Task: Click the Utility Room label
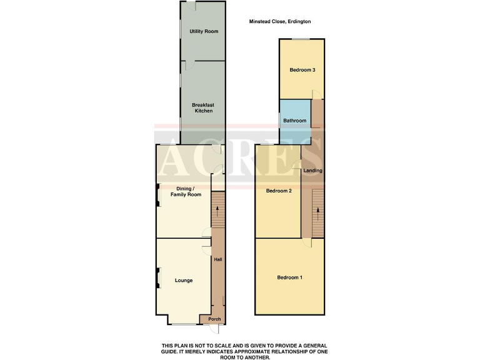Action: (x=203, y=31)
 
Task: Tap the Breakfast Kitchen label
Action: (x=202, y=107)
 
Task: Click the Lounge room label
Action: (x=184, y=281)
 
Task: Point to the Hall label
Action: (x=218, y=259)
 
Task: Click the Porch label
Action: (x=214, y=319)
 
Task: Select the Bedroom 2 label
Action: (x=279, y=191)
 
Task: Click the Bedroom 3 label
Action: (x=301, y=70)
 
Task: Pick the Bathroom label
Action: (x=295, y=121)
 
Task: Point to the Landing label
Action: (x=312, y=171)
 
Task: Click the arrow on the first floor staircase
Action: (x=318, y=211)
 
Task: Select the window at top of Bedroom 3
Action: (x=301, y=39)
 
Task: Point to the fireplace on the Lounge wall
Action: (x=157, y=276)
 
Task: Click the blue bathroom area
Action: (x=294, y=112)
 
